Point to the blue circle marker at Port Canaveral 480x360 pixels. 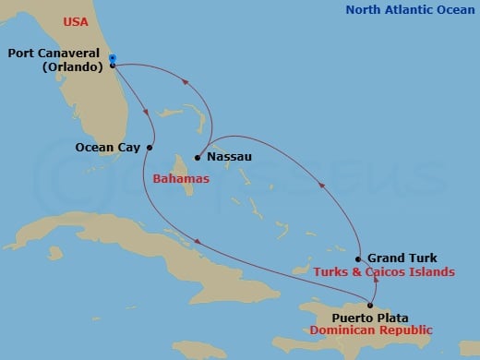112,59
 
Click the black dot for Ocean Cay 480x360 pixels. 150,147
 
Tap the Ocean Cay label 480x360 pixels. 108,146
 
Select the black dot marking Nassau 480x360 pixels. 198,158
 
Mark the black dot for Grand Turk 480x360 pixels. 357,259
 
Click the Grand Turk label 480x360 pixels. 402,258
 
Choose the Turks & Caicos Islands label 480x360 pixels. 384,272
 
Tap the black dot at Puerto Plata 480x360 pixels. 370,306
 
